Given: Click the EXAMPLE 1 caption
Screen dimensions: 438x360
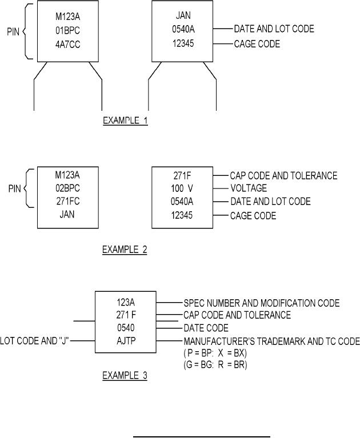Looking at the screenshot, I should (125, 120).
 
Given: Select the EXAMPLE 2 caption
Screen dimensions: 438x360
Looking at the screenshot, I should (124, 250).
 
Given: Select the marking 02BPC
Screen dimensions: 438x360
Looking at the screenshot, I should (60, 188).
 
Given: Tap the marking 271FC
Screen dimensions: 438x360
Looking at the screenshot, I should (60, 201).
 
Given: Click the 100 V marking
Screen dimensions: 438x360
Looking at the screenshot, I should (181, 188).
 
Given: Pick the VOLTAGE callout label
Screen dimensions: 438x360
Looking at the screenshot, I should (249, 188).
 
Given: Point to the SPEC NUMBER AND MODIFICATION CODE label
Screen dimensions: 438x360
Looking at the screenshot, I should (261, 302).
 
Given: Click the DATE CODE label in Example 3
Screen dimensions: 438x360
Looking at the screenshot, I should (206, 328).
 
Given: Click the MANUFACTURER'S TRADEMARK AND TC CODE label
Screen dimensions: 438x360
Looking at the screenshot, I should (271, 341).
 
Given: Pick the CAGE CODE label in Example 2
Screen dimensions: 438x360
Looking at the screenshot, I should (253, 215).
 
